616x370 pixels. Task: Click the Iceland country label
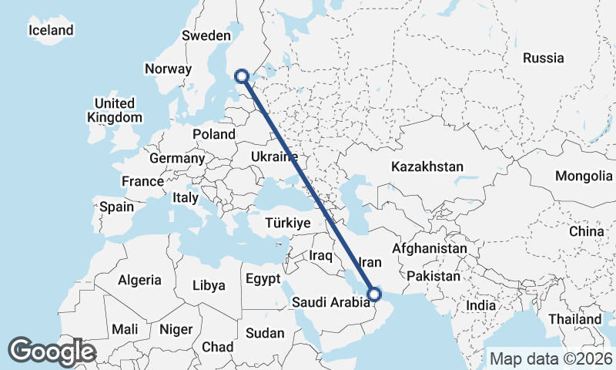pyautogui.click(x=51, y=31)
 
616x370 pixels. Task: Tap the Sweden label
pyautogui.click(x=206, y=35)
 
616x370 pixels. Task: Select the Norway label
pyautogui.click(x=168, y=69)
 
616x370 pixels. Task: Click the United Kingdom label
pyautogui.click(x=115, y=110)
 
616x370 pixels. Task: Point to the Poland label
pyautogui.click(x=214, y=134)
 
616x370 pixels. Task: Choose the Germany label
pyautogui.click(x=177, y=158)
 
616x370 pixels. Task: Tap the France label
pyautogui.click(x=142, y=182)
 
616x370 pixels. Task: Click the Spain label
pyautogui.click(x=117, y=207)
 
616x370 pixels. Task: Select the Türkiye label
pyautogui.click(x=287, y=223)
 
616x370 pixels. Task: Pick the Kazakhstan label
pyautogui.click(x=427, y=166)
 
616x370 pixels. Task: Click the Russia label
pyautogui.click(x=544, y=58)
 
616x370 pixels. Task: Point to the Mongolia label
pyautogui.click(x=583, y=177)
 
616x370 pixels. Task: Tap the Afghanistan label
pyautogui.click(x=430, y=250)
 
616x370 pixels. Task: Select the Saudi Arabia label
pyautogui.click(x=331, y=303)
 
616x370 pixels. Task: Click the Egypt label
pyautogui.click(x=263, y=278)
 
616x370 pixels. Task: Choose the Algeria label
pyautogui.click(x=140, y=280)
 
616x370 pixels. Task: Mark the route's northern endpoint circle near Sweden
pyautogui.click(x=242, y=76)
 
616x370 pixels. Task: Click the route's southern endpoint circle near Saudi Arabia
pyautogui.click(x=375, y=294)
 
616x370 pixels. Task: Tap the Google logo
pyautogui.click(x=52, y=352)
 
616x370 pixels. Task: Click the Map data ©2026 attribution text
pyautogui.click(x=551, y=358)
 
